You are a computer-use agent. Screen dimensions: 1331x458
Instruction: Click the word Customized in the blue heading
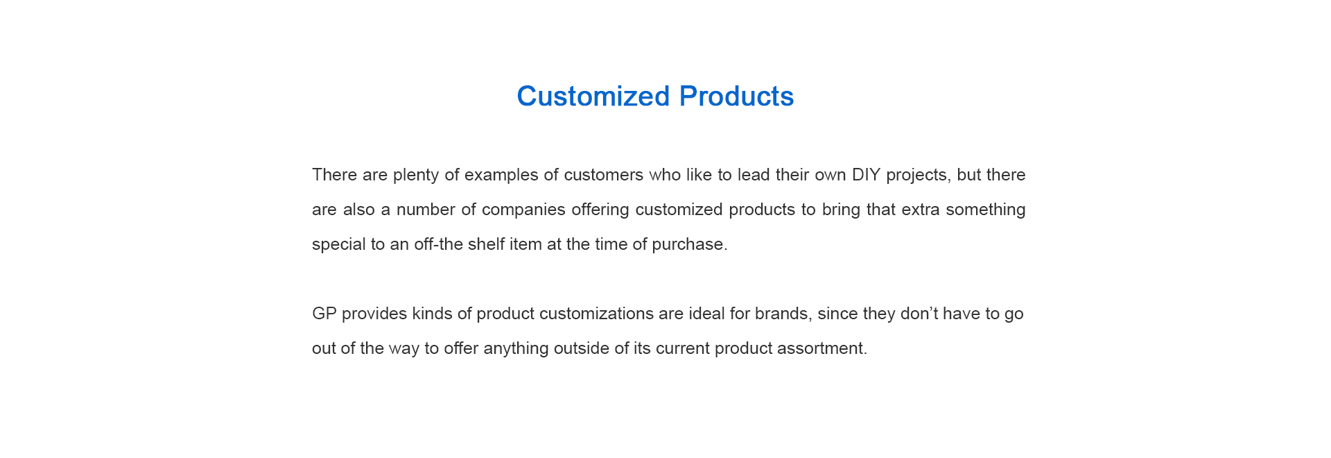click(593, 96)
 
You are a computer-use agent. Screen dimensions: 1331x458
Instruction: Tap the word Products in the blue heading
click(736, 96)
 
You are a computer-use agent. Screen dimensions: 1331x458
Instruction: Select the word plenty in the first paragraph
click(416, 175)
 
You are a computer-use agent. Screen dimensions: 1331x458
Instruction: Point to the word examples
click(501, 175)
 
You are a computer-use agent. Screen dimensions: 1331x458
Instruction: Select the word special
click(338, 244)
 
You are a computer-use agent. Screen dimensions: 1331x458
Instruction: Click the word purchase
click(689, 244)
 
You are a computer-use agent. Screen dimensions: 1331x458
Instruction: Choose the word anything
click(516, 348)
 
